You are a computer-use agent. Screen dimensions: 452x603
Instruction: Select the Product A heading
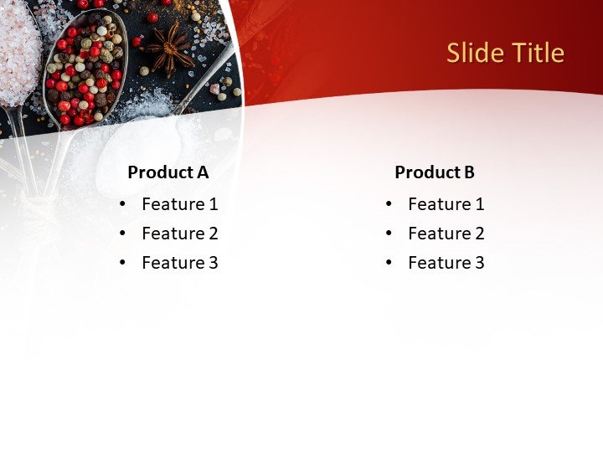[x=167, y=172]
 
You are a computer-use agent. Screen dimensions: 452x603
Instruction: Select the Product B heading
[x=434, y=172]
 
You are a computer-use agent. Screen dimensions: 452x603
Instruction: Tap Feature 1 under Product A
[x=179, y=204]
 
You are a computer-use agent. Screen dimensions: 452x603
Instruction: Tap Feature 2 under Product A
[x=179, y=234]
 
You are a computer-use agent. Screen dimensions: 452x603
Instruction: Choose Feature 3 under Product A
[x=179, y=263]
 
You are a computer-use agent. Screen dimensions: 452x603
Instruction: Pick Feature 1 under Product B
[x=446, y=204]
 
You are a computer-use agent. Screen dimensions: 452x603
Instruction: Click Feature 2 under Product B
[x=446, y=234]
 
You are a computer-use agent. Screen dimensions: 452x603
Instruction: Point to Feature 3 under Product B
[x=446, y=263]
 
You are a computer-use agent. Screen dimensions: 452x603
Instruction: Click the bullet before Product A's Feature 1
[x=123, y=204]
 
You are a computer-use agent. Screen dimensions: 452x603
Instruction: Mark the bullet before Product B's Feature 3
[x=389, y=263]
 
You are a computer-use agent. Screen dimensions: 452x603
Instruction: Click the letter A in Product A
[x=202, y=172]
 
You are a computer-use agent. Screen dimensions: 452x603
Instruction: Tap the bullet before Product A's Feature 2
[x=123, y=234]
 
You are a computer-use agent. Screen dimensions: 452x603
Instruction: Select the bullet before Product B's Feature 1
[x=389, y=204]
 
